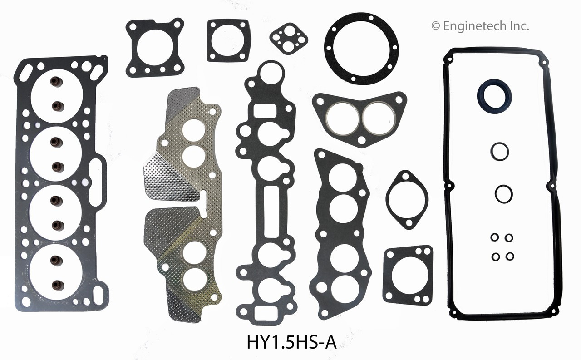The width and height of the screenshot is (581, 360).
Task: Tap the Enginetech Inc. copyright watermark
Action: click(x=480, y=26)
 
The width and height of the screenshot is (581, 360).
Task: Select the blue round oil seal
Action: click(x=494, y=97)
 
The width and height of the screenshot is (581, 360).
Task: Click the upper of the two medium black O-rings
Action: click(x=499, y=151)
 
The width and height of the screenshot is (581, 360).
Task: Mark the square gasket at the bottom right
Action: click(x=408, y=275)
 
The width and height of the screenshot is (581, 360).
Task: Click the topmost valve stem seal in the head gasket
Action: click(x=57, y=82)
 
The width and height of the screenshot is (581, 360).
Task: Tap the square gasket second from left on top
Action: click(x=228, y=40)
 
